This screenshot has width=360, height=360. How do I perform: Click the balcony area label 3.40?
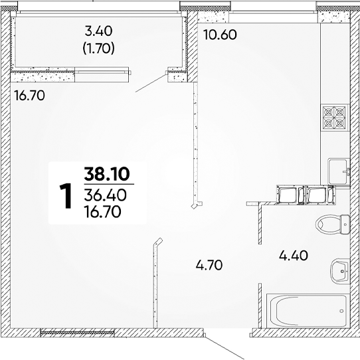pos(98,31)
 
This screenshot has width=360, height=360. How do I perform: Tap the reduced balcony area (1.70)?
pos(98,48)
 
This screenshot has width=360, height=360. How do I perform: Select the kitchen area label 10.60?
pos(220,35)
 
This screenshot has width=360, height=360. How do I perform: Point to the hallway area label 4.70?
pos(209,265)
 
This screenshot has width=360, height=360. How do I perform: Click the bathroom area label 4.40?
pos(294,256)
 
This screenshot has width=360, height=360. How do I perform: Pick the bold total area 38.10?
pos(107,174)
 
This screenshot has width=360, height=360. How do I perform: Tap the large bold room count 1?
pos(66,196)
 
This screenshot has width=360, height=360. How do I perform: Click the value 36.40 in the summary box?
pos(105,195)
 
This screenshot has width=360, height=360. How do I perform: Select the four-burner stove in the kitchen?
pos(334,118)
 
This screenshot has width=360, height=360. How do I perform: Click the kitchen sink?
pos(339,171)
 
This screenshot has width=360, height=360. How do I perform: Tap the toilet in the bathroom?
pos(333,224)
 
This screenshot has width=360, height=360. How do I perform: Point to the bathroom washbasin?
pos(340,271)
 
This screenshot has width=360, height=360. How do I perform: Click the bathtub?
pos(308,311)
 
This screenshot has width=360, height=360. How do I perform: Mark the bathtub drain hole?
pos(341,311)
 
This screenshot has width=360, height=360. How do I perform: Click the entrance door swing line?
pos(224,347)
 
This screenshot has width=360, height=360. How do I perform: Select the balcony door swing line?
pos(151,82)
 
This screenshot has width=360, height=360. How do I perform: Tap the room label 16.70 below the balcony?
pos(29,96)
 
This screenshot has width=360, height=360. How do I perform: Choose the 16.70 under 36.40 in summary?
pos(103,212)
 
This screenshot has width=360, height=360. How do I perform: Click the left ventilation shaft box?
pos(291,195)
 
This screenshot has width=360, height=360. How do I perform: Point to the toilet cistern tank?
pos(345,225)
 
